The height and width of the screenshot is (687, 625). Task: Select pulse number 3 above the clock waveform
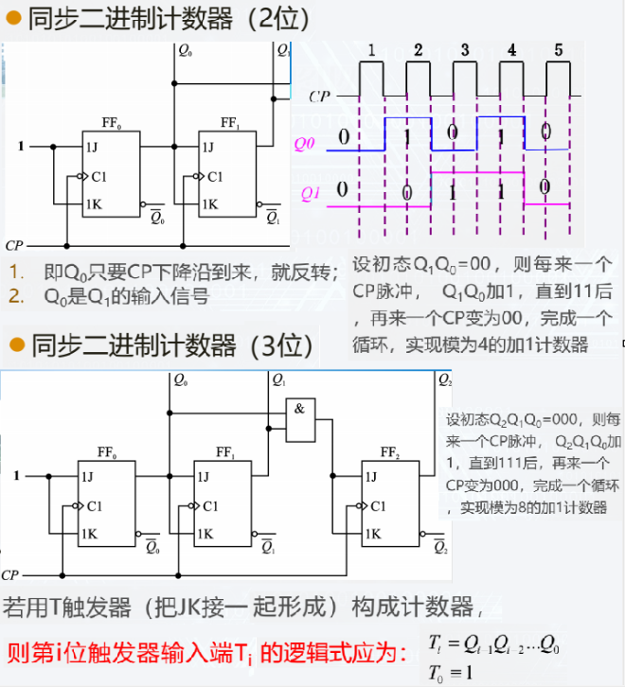pos(464,50)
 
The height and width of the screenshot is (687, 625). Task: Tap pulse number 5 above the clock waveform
pos(558,50)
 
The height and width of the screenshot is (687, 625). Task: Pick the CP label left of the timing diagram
pos(320,96)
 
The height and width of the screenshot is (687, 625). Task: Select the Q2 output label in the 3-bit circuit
pos(444,380)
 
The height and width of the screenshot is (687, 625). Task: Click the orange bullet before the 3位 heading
pos(15,343)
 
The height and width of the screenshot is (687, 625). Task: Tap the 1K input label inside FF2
pos(376,534)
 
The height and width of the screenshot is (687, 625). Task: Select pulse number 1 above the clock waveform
pos(372,50)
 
